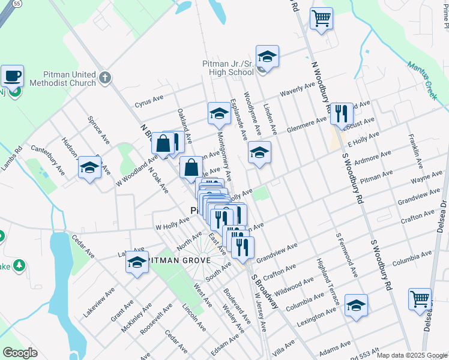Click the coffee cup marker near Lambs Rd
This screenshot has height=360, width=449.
click(x=12, y=76)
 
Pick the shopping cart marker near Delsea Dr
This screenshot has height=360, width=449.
click(x=420, y=299)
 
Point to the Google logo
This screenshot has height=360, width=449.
click(x=20, y=352)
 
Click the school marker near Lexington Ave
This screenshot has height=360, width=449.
click(x=356, y=305)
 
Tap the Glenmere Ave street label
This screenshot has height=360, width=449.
click(x=307, y=122)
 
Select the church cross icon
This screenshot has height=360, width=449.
click(x=105, y=77)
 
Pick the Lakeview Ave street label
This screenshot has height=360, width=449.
click(x=99, y=302)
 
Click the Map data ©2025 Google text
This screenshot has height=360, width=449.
click(x=412, y=355)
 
